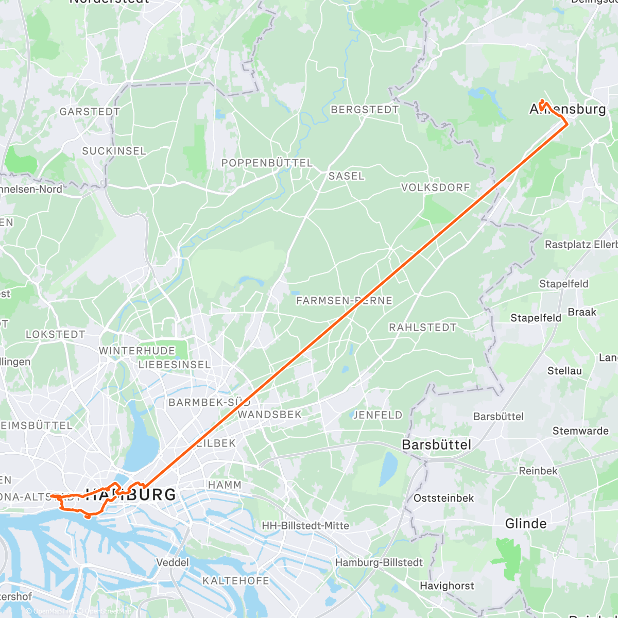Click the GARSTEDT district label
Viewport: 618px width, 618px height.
(90, 112)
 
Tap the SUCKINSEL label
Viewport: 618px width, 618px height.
(114, 151)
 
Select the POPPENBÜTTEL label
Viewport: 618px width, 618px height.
(267, 163)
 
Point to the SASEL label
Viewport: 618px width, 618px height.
(346, 176)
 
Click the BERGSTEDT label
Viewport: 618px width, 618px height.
(365, 110)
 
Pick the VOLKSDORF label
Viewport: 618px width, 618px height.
(436, 187)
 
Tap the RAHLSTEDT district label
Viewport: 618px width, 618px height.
(422, 328)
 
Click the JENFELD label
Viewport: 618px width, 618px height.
(377, 415)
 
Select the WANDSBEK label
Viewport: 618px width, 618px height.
(269, 415)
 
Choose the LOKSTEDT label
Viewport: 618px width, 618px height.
(55, 334)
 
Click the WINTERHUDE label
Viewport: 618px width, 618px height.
(137, 351)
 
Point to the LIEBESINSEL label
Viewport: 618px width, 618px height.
(175, 365)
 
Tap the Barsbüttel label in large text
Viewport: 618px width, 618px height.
(436, 445)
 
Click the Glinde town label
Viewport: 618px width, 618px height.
(525, 524)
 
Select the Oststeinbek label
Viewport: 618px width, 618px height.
(443, 498)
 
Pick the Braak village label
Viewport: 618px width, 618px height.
(582, 312)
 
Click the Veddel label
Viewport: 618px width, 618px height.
(172, 562)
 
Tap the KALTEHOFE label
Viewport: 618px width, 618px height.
(235, 581)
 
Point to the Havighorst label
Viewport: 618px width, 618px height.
(447, 586)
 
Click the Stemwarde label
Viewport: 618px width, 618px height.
(580, 431)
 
